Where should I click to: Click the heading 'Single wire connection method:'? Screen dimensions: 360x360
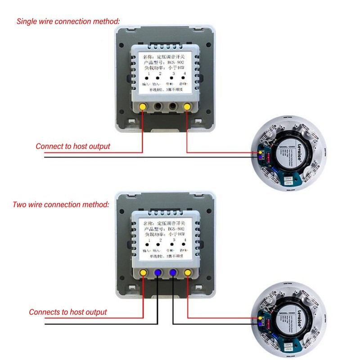(x=68, y=21)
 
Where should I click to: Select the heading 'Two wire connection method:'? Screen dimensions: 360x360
(x=61, y=204)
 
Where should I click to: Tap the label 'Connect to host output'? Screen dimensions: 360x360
(x=73, y=146)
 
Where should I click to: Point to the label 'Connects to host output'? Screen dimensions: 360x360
(x=68, y=312)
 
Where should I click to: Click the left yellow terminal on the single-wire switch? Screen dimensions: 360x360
(x=143, y=107)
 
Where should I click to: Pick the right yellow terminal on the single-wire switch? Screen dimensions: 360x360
(x=187, y=107)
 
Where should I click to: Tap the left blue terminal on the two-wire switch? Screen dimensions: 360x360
(x=158, y=273)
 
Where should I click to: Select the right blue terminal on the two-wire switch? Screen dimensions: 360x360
(x=173, y=273)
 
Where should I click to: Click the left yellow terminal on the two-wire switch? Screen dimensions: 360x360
(x=143, y=273)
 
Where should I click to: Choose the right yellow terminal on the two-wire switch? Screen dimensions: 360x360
(x=187, y=273)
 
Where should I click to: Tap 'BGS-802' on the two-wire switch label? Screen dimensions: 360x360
(x=178, y=229)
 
